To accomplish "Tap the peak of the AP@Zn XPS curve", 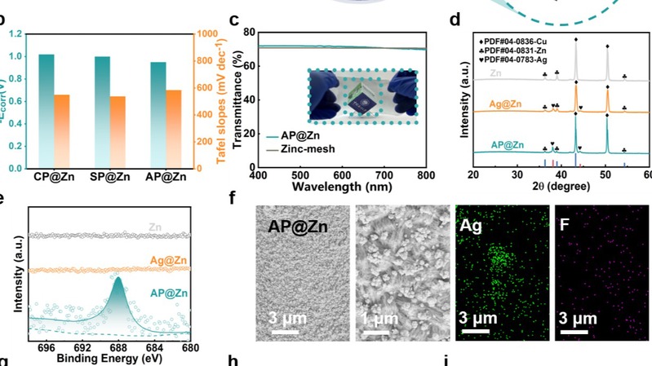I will point(118,279).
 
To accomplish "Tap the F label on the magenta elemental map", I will point(566,226).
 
